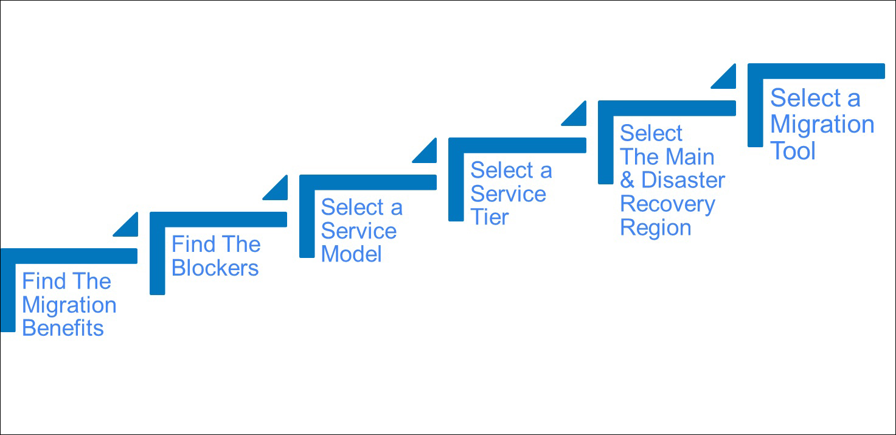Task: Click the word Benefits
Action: click(x=63, y=328)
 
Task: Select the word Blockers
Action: click(x=215, y=268)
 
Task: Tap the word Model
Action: click(x=352, y=254)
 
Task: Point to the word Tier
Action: click(x=490, y=217)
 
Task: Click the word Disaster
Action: click(x=683, y=180)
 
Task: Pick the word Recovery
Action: click(x=668, y=204)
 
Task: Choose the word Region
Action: click(x=656, y=228)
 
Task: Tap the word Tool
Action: click(x=793, y=151)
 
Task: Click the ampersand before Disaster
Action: click(x=627, y=180)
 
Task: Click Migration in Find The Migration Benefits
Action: click(x=69, y=305)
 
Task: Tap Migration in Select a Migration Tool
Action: click(x=822, y=125)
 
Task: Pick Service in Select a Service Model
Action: click(x=359, y=231)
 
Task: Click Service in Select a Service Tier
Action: click(x=509, y=194)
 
